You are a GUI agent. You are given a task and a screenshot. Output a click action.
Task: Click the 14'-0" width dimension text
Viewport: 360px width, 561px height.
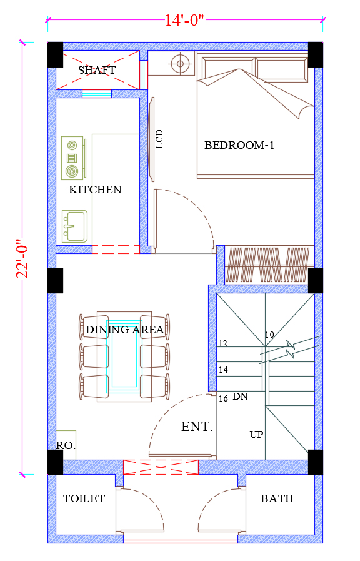pos(184,21)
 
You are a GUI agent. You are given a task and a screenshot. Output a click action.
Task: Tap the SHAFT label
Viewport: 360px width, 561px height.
pos(97,70)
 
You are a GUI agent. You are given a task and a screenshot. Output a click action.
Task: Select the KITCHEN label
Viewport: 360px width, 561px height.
pos(96,190)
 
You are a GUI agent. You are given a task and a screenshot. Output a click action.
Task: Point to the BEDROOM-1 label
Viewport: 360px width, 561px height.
pos(239,145)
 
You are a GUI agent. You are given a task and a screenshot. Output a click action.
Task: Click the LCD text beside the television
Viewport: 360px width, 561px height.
pos(159,139)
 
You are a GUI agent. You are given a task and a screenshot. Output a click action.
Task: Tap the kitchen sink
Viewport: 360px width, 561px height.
pos(75,226)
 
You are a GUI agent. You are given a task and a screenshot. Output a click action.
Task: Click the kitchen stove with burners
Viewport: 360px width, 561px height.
pos(73,158)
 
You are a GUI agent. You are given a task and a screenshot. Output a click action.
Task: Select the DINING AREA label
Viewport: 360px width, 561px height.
pos(125,330)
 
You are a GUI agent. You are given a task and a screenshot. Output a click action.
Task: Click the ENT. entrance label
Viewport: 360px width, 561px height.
pos(197,427)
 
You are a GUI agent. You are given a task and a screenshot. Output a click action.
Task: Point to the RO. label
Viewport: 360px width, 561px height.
pos(66,445)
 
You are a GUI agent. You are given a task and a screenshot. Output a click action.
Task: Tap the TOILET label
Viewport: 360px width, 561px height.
pos(84,498)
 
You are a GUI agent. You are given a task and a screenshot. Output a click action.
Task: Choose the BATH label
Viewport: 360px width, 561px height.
pos(277,498)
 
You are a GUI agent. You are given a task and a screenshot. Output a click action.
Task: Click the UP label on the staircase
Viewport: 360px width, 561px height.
pos(256,434)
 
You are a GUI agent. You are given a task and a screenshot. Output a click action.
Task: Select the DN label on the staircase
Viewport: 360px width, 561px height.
pos(240,397)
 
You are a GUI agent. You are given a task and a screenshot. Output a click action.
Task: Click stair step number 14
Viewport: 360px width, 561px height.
pos(223,370)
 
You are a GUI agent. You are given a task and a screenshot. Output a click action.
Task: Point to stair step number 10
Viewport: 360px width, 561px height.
pos(269,335)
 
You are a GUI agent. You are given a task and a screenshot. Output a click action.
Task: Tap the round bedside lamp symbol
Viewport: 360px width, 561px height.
pos(180,64)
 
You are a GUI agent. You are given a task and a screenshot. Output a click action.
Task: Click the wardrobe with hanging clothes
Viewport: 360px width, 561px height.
pos(269,265)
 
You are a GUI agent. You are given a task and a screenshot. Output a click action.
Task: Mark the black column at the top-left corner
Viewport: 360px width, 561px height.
pos(56,55)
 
